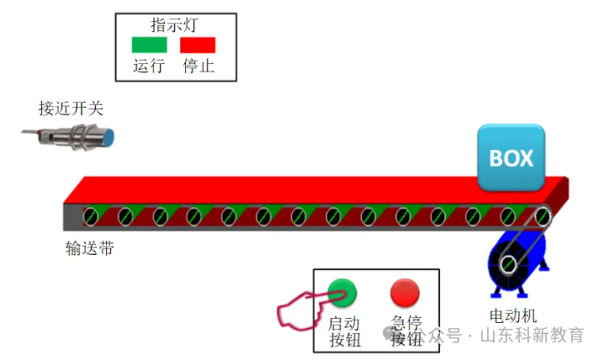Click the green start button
(x=342, y=292)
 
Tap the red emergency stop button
(x=405, y=292)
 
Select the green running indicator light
(x=149, y=45)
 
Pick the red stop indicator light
(x=198, y=45)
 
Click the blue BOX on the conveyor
(x=511, y=157)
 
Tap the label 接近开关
(x=71, y=109)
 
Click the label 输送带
(x=89, y=248)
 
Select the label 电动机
(x=513, y=316)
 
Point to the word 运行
(x=149, y=66)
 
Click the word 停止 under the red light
(x=199, y=66)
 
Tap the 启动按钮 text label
(x=344, y=331)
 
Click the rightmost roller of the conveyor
(x=543, y=216)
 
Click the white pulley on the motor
(x=508, y=265)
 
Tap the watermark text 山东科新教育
(x=532, y=336)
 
